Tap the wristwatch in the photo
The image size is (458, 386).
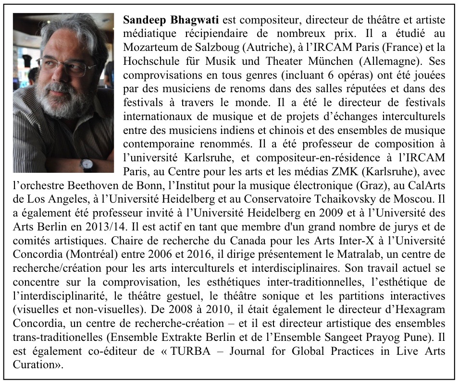pyautogui.click(x=87, y=164)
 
